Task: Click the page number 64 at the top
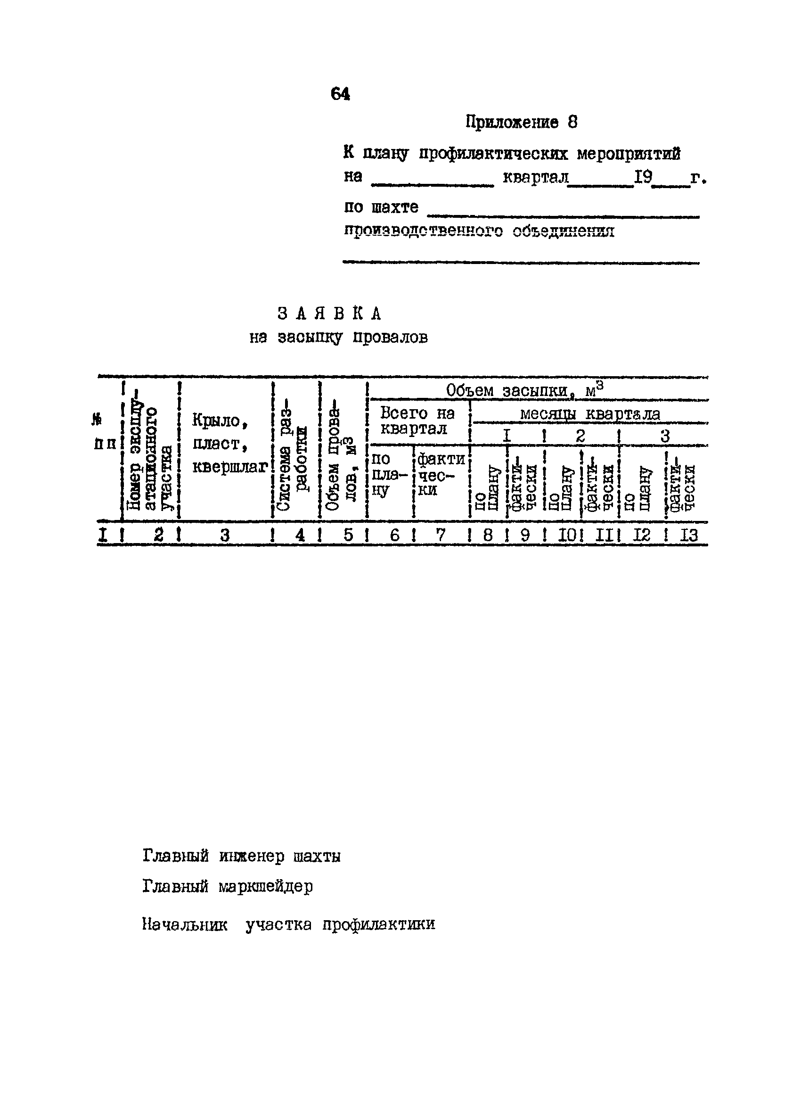coord(340,93)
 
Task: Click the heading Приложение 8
coord(521,122)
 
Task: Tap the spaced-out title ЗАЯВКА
coord(329,313)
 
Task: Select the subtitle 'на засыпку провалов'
coord(338,338)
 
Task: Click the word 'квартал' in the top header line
coord(535,177)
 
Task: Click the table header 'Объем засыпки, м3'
coord(524,391)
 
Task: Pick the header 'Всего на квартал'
coord(417,420)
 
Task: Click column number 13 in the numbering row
coord(688,535)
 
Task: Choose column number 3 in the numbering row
coord(224,535)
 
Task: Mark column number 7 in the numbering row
coord(440,535)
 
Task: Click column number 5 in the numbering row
coord(348,535)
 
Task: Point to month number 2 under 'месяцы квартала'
coord(580,435)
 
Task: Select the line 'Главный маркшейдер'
coord(227,886)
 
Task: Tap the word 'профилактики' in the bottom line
coord(379,924)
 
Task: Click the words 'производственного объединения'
coord(479,231)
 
